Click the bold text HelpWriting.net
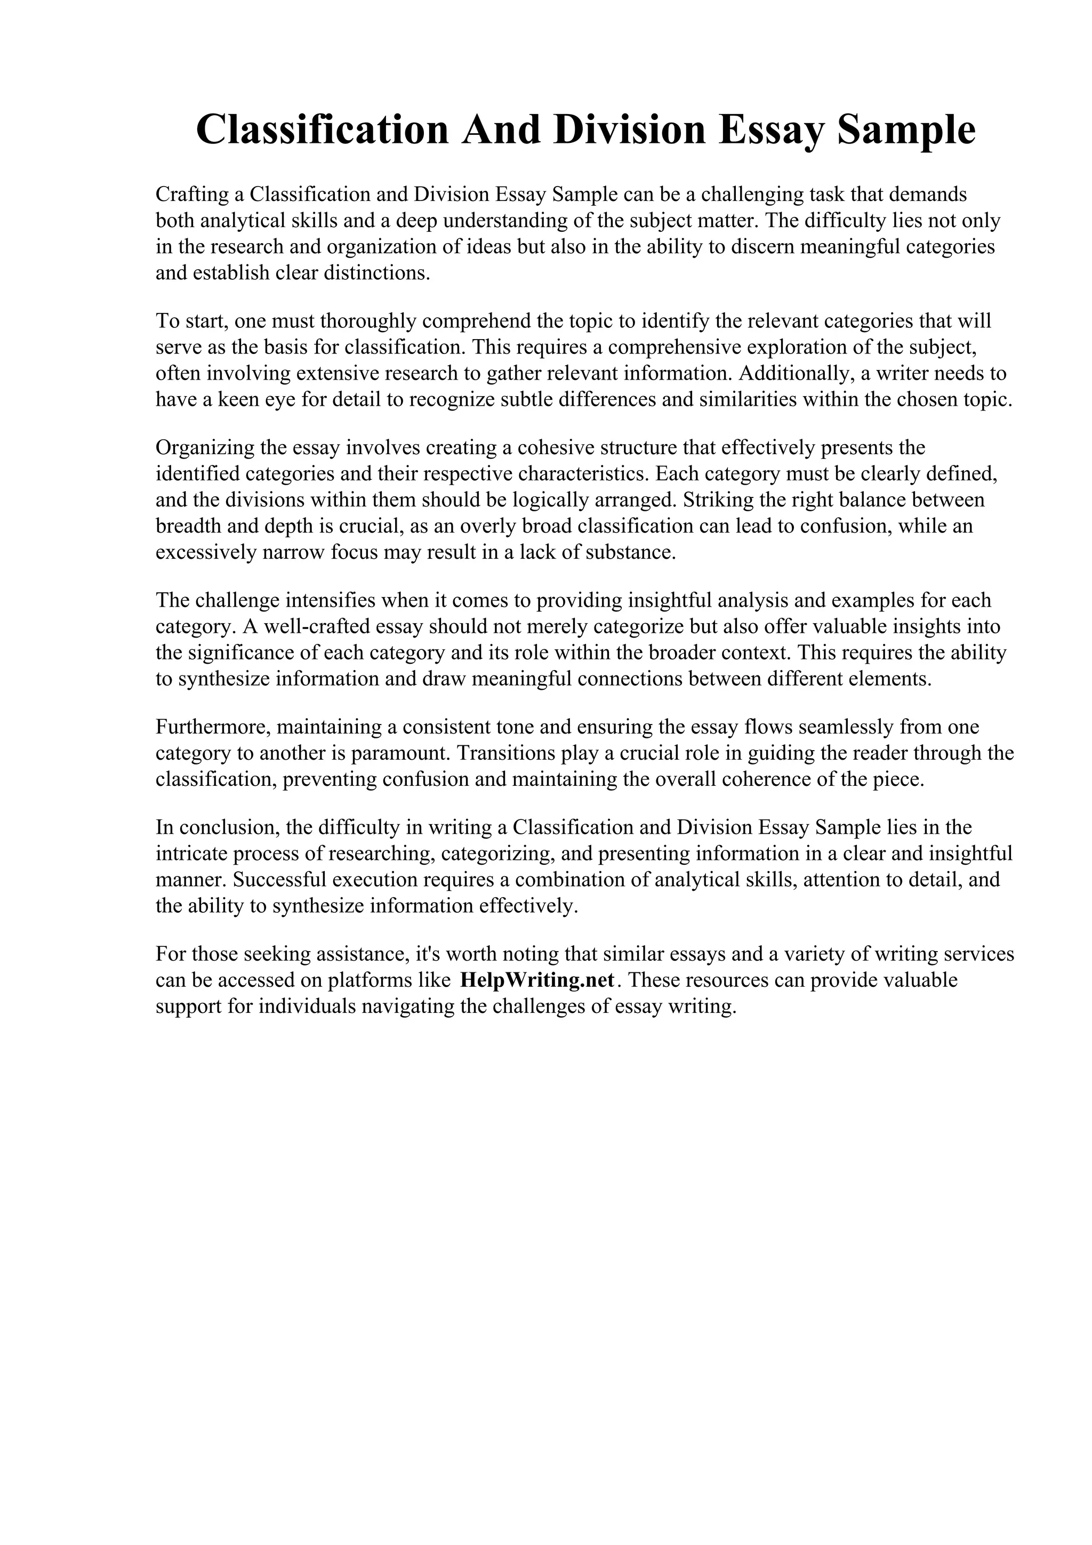click(537, 980)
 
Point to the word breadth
click(183, 526)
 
